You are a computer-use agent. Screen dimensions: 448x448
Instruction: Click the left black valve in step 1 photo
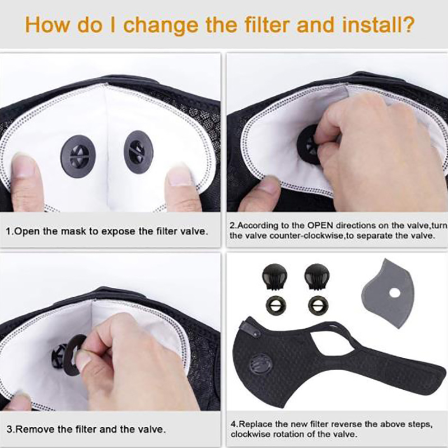[78, 156]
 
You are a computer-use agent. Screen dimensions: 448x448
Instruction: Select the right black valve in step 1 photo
[138, 151]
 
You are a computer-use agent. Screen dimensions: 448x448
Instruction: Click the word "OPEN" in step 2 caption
[320, 225]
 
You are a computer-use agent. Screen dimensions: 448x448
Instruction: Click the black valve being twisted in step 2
[309, 145]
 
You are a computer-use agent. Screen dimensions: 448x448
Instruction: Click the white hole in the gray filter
[395, 292]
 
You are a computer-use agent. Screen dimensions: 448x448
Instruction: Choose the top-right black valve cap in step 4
[316, 277]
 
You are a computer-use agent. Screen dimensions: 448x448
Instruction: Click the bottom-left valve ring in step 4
[276, 305]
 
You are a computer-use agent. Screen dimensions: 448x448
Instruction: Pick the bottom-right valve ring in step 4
[318, 305]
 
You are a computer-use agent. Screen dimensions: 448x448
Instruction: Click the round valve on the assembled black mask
[260, 365]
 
